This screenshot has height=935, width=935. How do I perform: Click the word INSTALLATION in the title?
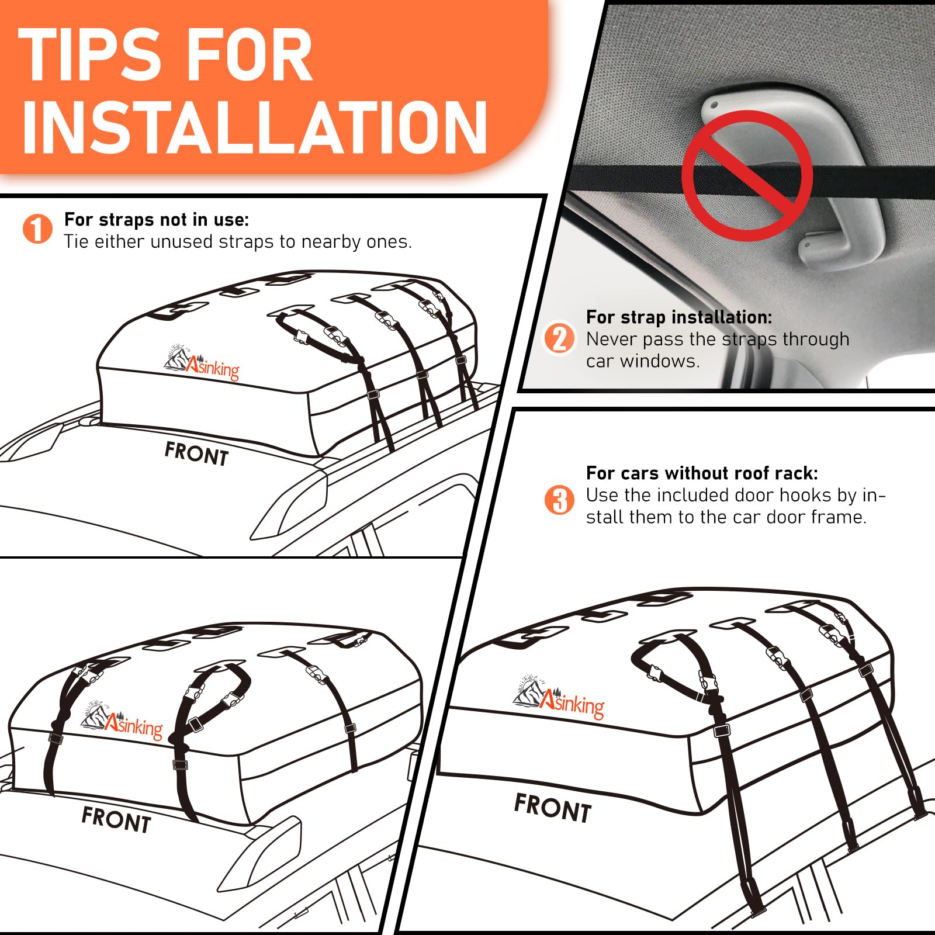click(255, 127)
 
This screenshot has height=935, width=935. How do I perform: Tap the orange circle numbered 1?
click(37, 229)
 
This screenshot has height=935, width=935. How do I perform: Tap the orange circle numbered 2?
click(559, 338)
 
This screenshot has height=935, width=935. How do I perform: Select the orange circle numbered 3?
click(559, 500)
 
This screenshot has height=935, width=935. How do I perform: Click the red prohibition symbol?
click(747, 175)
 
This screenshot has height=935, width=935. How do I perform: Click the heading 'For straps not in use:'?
click(157, 220)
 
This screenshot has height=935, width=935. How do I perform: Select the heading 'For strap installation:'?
click(679, 317)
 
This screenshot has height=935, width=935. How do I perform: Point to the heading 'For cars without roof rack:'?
click(702, 473)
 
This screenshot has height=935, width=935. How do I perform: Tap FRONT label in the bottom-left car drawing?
click(116, 819)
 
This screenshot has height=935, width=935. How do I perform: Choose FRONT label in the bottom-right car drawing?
click(553, 808)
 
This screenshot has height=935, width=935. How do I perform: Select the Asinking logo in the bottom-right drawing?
click(559, 697)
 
